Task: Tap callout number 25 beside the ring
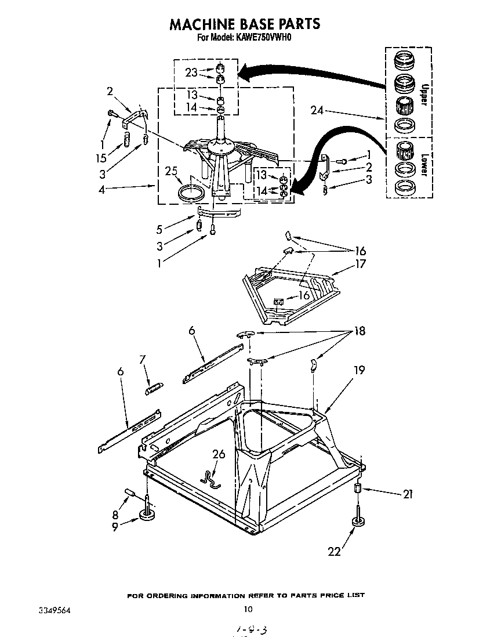point(170,172)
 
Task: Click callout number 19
point(360,369)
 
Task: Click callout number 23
point(192,73)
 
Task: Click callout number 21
point(409,494)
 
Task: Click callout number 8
point(115,514)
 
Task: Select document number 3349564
point(56,610)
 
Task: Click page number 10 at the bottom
point(248,609)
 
